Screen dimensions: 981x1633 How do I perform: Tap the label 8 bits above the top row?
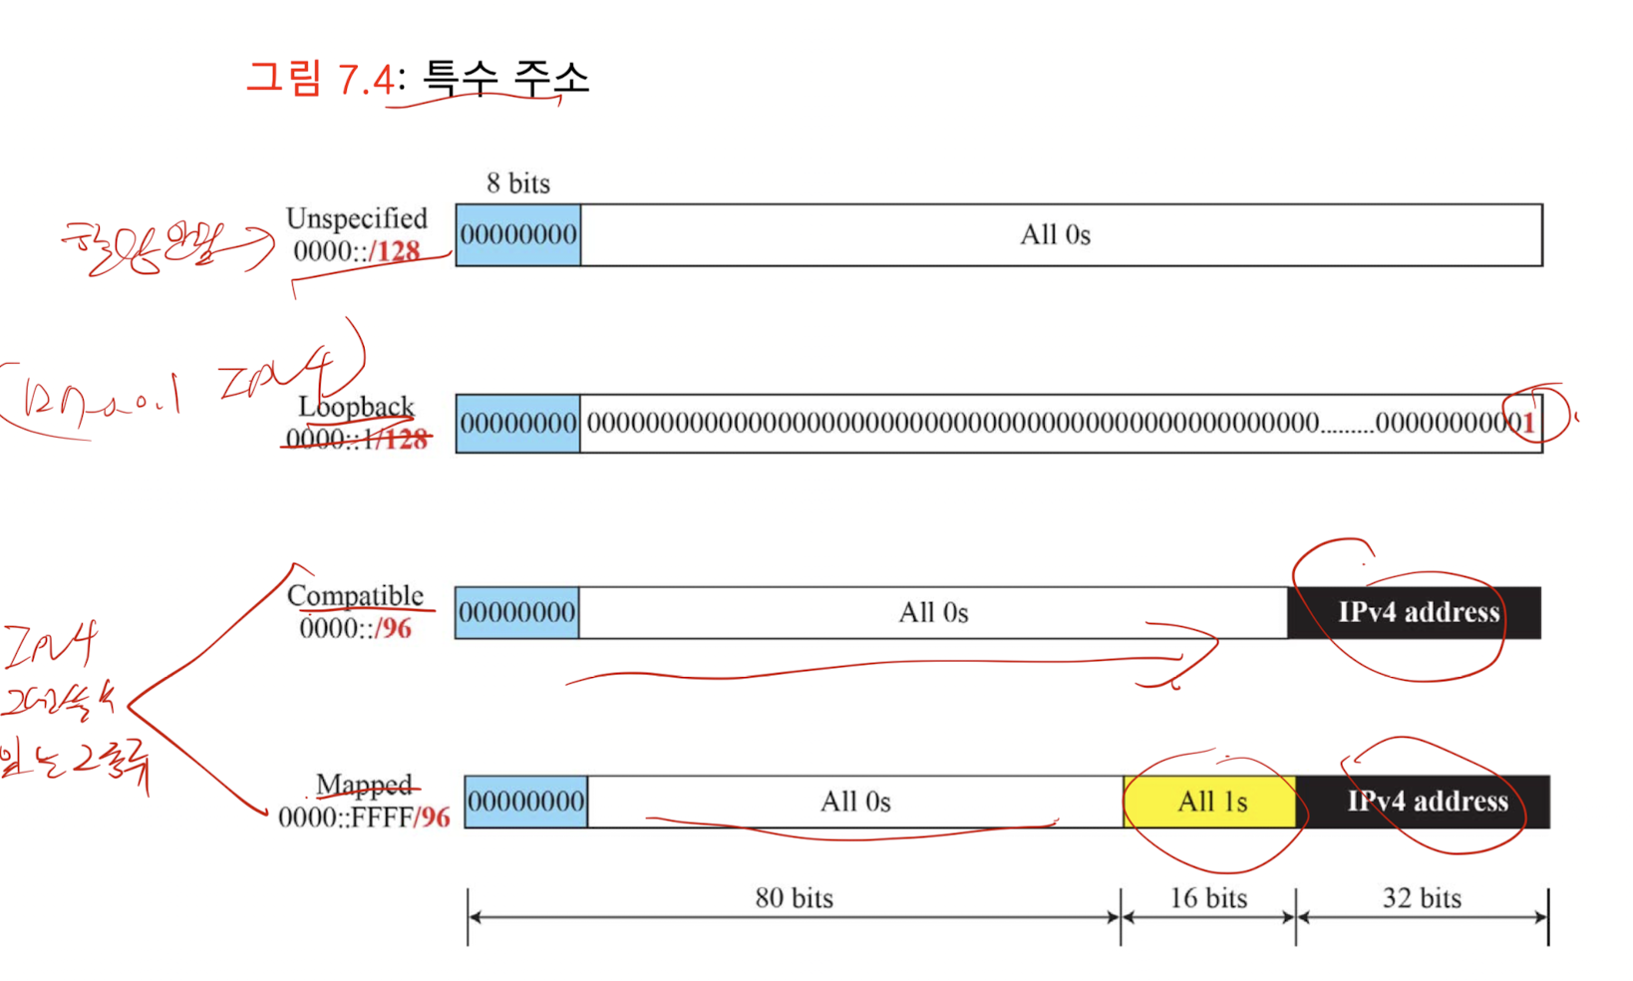click(517, 183)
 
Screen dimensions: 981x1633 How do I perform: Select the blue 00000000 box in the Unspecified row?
click(518, 235)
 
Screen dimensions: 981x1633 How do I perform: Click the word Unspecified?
click(356, 218)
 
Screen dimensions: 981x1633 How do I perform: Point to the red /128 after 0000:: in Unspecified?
click(396, 251)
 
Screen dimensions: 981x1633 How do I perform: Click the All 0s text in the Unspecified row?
click(1055, 235)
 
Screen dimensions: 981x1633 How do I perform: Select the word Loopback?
click(356, 407)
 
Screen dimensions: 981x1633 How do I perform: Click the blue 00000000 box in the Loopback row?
click(518, 424)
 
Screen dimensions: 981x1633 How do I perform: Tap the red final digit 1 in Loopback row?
click(1528, 424)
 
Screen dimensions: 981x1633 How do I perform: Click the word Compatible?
click(355, 595)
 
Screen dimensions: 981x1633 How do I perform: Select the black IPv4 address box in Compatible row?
click(1417, 612)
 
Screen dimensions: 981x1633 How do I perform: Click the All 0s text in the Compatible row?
click(933, 612)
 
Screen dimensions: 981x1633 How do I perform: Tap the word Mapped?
click(364, 785)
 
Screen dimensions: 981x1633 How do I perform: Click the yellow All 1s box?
click(1210, 802)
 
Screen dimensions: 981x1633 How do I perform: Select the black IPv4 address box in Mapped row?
click(1426, 802)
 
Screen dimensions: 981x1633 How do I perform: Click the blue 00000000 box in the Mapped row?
click(526, 802)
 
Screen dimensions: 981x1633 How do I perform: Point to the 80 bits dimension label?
click(794, 898)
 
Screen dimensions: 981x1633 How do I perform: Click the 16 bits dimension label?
click(1208, 898)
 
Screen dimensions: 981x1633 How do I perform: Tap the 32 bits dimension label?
click(1422, 898)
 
